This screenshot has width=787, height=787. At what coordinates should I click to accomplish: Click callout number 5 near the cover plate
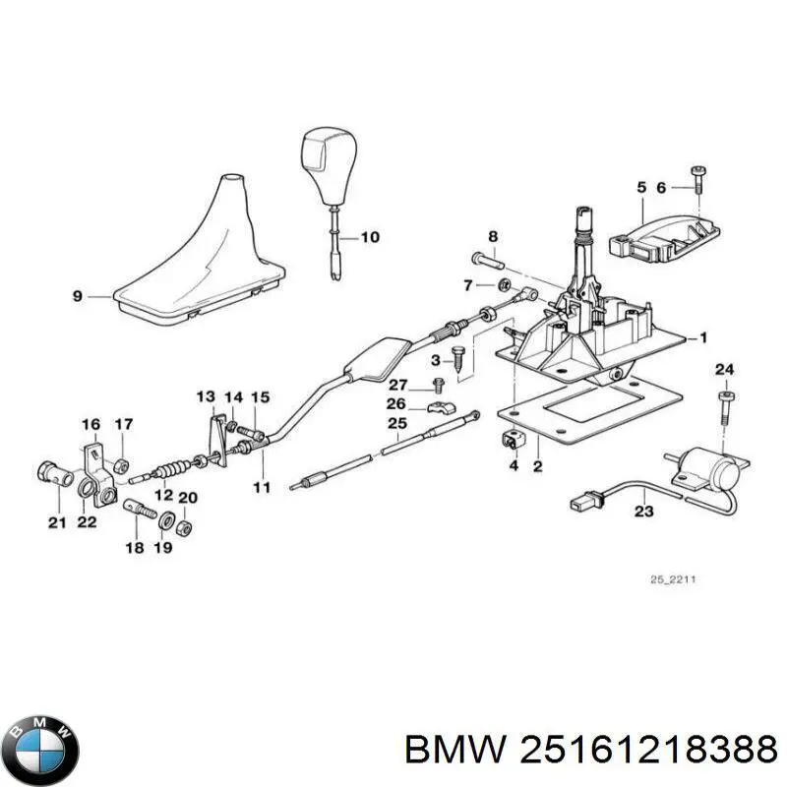click(x=640, y=187)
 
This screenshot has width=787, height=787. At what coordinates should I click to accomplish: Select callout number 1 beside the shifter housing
click(x=703, y=337)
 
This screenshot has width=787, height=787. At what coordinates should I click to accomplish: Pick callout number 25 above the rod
click(x=396, y=424)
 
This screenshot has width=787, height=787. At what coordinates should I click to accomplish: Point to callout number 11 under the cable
click(x=260, y=487)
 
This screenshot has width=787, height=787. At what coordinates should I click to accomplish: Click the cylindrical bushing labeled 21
click(x=54, y=475)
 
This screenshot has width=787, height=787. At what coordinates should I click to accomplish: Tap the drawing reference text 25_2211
click(x=673, y=579)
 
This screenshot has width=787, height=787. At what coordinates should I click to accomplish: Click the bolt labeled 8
click(x=486, y=261)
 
